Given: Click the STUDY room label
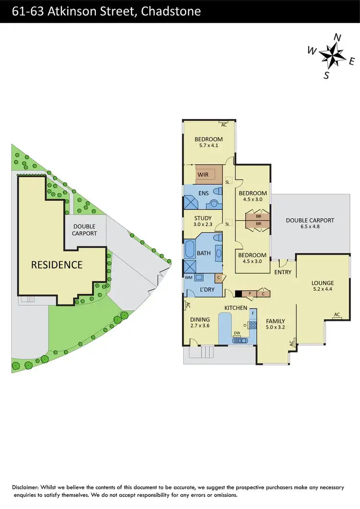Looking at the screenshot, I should pyautogui.click(x=203, y=218).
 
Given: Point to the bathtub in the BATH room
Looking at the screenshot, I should pyautogui.click(x=189, y=249).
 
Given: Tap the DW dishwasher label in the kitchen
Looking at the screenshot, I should pyautogui.click(x=237, y=333).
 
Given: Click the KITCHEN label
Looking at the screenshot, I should pyautogui.click(x=235, y=308).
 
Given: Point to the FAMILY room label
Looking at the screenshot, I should pyautogui.click(x=276, y=321).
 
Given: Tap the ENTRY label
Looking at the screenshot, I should pyautogui.click(x=283, y=272).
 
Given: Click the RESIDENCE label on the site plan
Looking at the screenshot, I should pyautogui.click(x=57, y=264).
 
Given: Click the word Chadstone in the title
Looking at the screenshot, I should pyautogui.click(x=170, y=11).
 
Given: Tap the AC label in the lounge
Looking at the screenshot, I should pyautogui.click(x=337, y=315).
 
